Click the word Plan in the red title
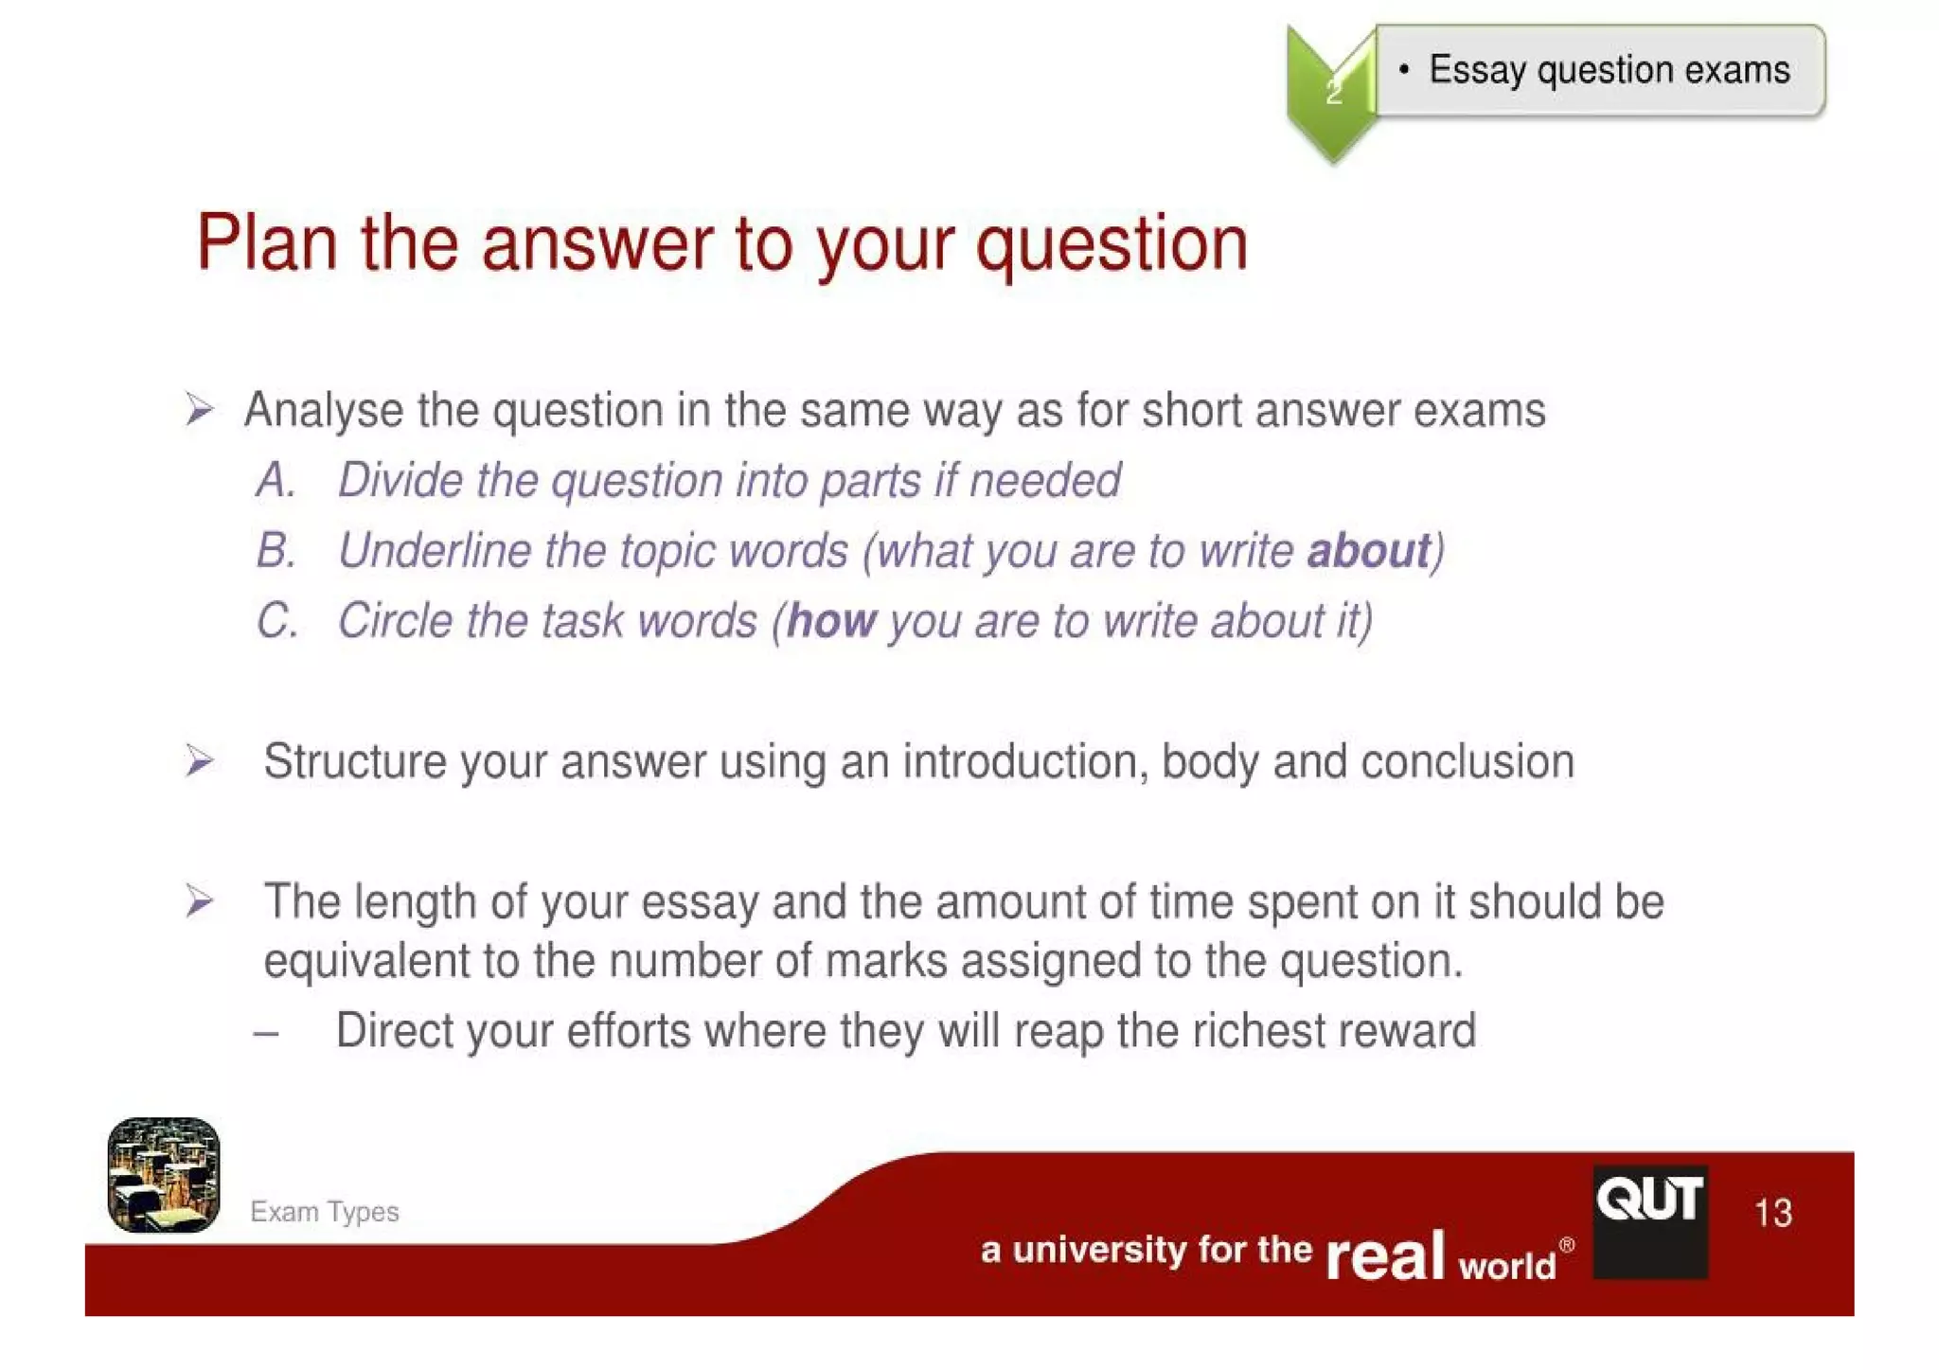click(x=266, y=244)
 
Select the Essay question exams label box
click(x=1599, y=71)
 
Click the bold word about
click(x=1367, y=551)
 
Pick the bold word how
click(x=831, y=621)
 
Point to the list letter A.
click(x=276, y=480)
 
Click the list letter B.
click(x=276, y=551)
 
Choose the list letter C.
click(x=276, y=621)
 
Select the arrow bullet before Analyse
click(x=199, y=410)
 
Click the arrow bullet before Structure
click(x=199, y=761)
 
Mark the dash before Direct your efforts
click(x=266, y=1033)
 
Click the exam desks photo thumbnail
click(x=164, y=1175)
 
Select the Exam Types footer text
click(x=324, y=1212)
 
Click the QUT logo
click(x=1649, y=1221)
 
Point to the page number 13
click(x=1772, y=1213)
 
